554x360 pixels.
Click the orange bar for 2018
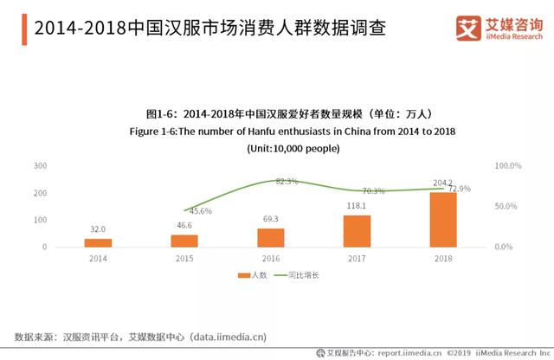[443, 219]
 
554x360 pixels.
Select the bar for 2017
[357, 230]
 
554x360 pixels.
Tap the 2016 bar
[271, 237]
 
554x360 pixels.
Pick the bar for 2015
[184, 241]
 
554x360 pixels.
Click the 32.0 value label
[98, 230]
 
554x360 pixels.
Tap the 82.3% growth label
[287, 181]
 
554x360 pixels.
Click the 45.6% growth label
[201, 211]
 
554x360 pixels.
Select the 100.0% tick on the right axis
[506, 165]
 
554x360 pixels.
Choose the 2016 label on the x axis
[271, 257]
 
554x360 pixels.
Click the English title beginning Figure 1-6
[291, 131]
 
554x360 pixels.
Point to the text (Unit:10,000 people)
[291, 148]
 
